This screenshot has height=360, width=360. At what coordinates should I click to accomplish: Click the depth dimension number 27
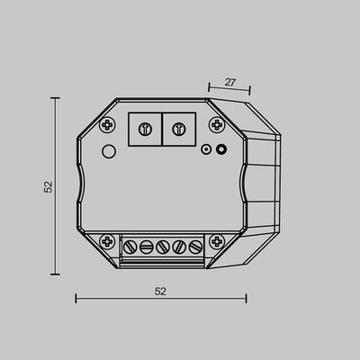(x=229, y=82)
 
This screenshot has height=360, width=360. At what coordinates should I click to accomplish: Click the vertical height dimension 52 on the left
(x=49, y=186)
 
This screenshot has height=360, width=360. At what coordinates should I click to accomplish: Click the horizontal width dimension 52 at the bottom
(x=161, y=291)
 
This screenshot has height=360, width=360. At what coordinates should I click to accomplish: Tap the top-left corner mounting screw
(x=107, y=123)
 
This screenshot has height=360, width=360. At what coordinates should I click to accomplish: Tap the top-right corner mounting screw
(x=216, y=123)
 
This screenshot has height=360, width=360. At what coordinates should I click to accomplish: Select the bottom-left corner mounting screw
(x=107, y=241)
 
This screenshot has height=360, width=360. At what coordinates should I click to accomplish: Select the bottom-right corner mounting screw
(x=216, y=241)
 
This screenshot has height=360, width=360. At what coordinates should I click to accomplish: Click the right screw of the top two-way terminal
(x=177, y=128)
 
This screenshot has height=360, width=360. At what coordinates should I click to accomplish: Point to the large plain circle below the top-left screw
(x=108, y=150)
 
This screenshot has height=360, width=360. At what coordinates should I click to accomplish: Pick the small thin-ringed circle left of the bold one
(x=206, y=150)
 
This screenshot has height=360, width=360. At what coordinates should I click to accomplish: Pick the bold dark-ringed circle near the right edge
(x=220, y=150)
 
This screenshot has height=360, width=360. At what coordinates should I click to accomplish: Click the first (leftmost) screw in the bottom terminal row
(x=130, y=246)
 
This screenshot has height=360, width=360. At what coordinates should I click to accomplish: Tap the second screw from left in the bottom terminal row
(x=146, y=246)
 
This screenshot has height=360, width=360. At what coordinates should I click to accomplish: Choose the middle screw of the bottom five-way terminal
(x=162, y=246)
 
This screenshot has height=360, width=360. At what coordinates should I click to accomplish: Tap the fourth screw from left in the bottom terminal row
(x=178, y=246)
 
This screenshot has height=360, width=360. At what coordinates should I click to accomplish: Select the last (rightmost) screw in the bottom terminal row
(x=194, y=246)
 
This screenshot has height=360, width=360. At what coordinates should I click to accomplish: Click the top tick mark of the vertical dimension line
(x=56, y=98)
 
